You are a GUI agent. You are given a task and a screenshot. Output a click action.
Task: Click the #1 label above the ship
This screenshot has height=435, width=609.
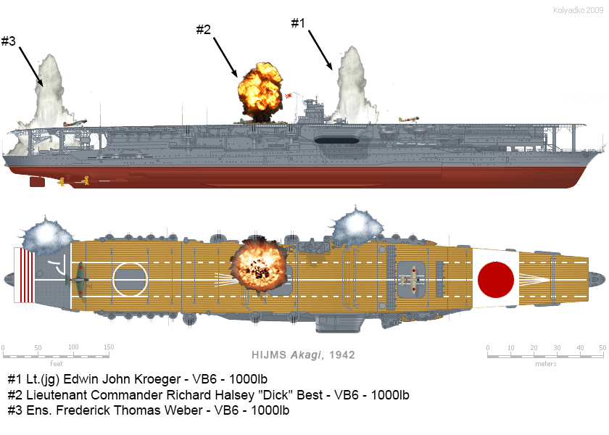coord(298,23)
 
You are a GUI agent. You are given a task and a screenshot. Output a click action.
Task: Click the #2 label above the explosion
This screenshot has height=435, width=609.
coord(204,30)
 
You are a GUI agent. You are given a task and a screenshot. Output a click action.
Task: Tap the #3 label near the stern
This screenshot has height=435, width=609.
coord(9,41)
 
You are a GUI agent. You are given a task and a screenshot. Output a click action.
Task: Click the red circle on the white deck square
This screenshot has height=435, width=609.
coord(497,278)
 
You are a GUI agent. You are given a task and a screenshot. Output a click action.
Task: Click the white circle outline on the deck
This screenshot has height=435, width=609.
coord(130,278)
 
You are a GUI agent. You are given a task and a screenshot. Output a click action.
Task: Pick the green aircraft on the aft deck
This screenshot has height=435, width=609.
coord(79,275)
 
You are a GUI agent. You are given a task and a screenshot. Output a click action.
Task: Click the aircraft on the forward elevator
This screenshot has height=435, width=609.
coord(412,277)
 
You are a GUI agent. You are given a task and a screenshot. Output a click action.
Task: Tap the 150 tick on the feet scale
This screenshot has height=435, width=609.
coord(108,347)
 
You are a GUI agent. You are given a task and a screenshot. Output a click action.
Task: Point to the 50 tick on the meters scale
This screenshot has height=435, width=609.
coord(602,347)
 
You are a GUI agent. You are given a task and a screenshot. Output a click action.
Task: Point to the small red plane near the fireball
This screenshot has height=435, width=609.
coord(291,95)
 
